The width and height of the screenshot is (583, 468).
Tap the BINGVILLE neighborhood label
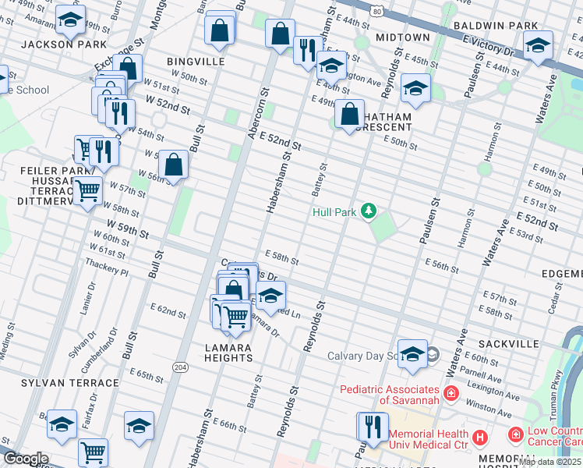196,61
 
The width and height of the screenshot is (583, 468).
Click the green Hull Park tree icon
367,211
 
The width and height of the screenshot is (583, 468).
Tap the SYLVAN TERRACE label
70,383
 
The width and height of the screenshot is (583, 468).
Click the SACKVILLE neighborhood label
509,343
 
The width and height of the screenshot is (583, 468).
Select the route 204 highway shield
180,367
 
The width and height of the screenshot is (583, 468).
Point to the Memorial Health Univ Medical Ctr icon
480,438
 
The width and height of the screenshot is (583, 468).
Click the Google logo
25,459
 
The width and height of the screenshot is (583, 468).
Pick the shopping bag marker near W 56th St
173,165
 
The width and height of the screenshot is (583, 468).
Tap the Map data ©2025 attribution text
550,462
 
